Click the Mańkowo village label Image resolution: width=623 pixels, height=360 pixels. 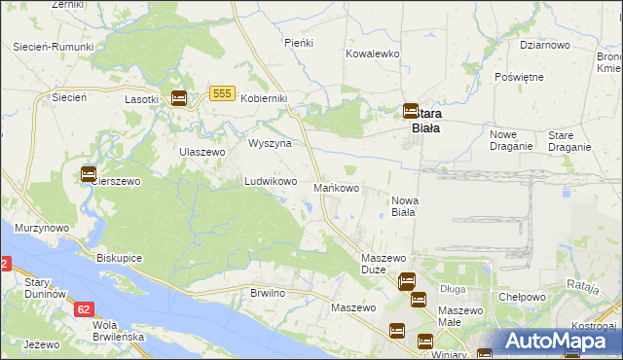(x=338, y=187)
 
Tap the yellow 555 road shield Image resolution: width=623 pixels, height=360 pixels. (x=221, y=93)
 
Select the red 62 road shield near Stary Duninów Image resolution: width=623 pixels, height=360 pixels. (x=84, y=307)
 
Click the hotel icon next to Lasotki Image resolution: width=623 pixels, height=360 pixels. (x=179, y=97)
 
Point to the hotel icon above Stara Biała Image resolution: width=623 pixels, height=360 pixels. (x=411, y=112)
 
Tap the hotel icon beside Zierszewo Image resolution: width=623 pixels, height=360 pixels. (x=88, y=174)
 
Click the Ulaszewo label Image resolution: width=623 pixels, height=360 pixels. (x=202, y=152)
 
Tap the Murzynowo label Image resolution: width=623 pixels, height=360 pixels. (x=41, y=227)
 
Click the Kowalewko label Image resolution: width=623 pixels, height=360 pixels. (x=373, y=54)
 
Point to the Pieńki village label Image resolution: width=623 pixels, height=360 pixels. (x=296, y=43)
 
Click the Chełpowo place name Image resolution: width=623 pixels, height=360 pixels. (x=521, y=297)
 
